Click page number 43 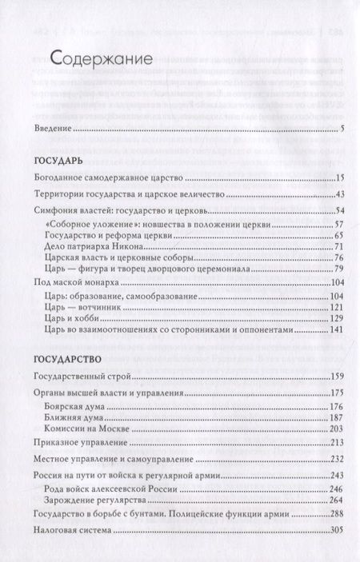pos(338,196)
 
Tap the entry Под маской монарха pos(78,284)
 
